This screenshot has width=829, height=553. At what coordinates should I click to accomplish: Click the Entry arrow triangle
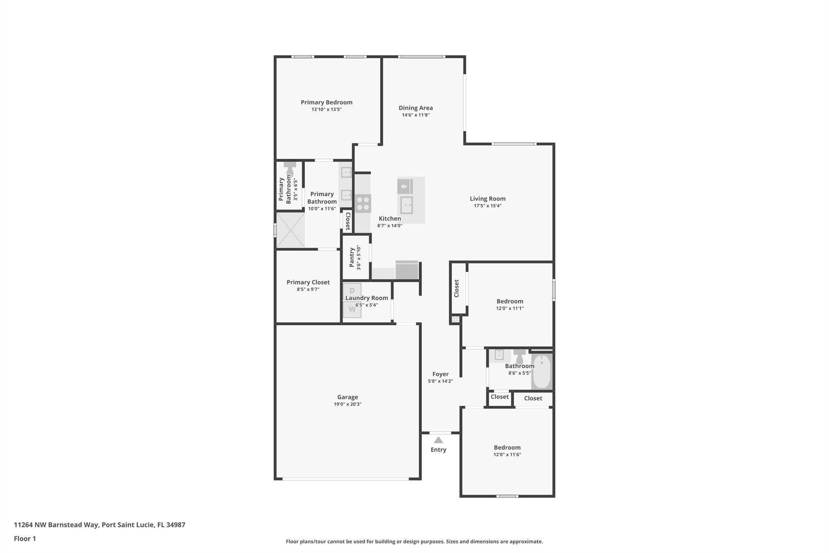tap(438, 440)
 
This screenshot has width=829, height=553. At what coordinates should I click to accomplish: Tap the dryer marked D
tap(352, 291)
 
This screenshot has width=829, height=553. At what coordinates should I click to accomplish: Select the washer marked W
tap(352, 310)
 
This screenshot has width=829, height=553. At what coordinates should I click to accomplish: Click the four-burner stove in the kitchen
tap(363, 204)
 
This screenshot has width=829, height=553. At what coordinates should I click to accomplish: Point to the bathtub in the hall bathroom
tap(542, 372)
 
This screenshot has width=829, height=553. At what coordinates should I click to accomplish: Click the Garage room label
tap(348, 397)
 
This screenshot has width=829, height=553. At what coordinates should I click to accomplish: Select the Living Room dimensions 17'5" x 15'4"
tap(488, 206)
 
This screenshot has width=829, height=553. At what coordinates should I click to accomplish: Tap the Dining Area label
tap(416, 108)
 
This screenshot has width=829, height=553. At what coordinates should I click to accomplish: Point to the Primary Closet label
tap(308, 282)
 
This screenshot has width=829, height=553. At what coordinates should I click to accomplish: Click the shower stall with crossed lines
tap(290, 230)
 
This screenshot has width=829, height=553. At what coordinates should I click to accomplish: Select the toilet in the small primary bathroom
tap(290, 169)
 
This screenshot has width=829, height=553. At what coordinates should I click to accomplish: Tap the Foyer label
tap(440, 374)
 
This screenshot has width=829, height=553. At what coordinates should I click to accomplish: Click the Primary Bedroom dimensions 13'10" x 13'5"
tap(327, 109)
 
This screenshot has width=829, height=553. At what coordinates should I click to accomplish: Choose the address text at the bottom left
tap(100, 525)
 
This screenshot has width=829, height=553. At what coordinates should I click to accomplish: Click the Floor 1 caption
tap(25, 538)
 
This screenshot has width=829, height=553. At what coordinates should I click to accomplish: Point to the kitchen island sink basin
tap(406, 205)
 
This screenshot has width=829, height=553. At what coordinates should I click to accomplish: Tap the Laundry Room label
tap(367, 298)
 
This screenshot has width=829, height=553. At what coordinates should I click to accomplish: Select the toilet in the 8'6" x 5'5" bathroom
tap(520, 356)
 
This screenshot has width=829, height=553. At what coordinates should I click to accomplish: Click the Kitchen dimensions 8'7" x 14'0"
tap(390, 226)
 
